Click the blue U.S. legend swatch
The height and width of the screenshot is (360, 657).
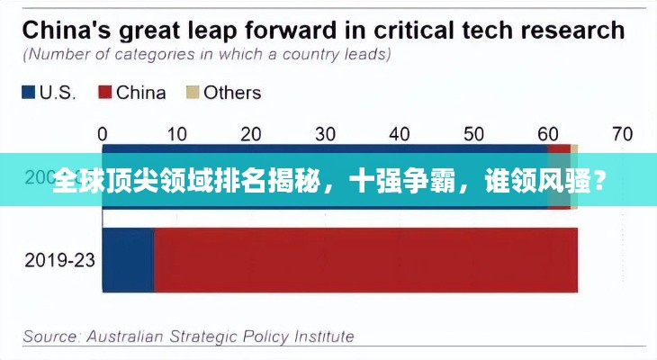pos(28,92)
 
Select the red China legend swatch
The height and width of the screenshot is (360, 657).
pos(104,92)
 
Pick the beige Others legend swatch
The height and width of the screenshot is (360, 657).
pos(191,92)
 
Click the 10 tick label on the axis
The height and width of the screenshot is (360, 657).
pos(176,134)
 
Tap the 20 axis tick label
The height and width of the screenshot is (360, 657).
pos(251,134)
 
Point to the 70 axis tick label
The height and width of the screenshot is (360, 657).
pos(622,134)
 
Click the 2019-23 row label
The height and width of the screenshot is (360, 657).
pos(59,260)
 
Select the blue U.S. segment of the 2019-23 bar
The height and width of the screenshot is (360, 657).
pos(128,260)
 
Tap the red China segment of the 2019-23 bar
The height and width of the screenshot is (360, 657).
pos(364,260)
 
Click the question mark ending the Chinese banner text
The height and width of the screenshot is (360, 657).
pos(598,181)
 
